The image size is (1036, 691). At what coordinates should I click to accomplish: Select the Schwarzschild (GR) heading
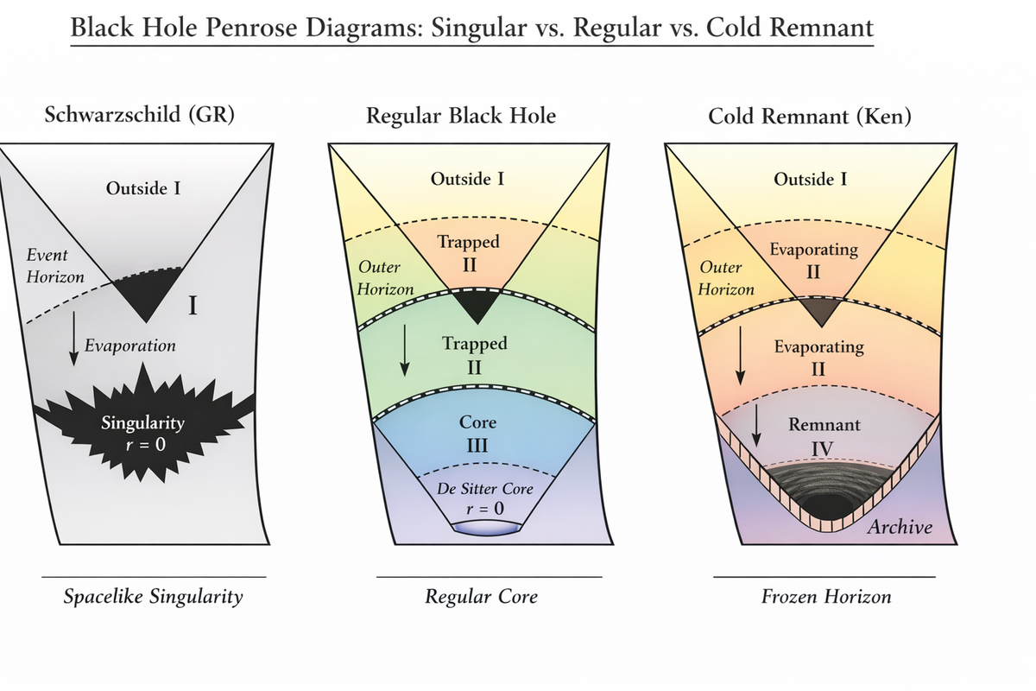tap(140, 114)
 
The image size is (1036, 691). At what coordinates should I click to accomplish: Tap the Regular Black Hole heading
tap(461, 115)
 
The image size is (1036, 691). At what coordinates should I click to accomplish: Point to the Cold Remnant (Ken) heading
tap(810, 116)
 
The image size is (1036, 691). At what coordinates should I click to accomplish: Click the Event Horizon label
tap(55, 266)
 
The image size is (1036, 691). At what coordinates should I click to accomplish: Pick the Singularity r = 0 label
tap(143, 434)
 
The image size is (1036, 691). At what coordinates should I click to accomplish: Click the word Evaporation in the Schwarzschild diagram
tap(130, 345)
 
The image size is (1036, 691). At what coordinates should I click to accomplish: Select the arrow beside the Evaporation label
tap(73, 339)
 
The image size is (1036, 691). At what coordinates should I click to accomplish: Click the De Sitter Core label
tap(484, 489)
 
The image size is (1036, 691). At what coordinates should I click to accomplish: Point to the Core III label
tap(477, 434)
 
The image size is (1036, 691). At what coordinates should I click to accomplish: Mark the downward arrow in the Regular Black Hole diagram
tap(405, 351)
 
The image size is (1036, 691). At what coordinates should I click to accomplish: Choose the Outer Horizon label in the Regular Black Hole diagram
tap(385, 278)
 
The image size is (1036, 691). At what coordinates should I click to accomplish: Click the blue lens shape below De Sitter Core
tap(487, 529)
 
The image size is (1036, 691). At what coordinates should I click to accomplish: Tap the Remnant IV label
tap(824, 436)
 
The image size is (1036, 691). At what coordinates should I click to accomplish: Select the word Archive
tap(900, 527)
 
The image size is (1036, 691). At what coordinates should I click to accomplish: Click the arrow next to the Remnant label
tap(756, 425)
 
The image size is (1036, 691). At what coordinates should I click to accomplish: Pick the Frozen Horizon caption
tap(826, 597)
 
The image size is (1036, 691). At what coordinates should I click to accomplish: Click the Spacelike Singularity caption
tap(153, 597)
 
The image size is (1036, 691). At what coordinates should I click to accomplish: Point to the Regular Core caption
tap(481, 597)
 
